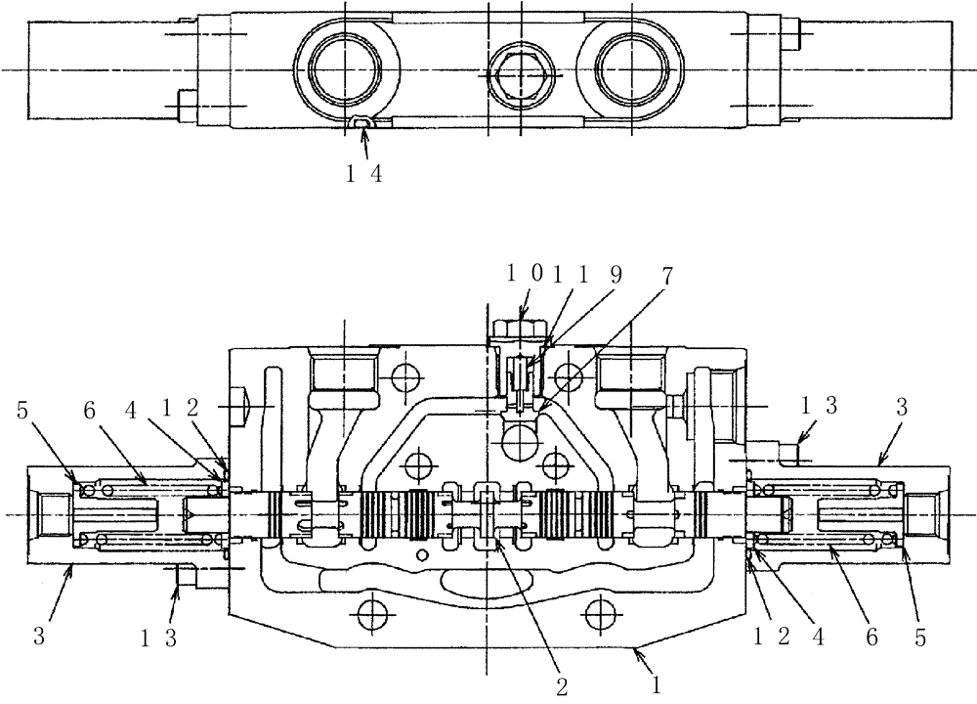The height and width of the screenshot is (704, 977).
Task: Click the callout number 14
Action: pos(367,177)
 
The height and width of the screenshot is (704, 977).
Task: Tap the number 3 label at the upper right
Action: pos(901,409)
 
